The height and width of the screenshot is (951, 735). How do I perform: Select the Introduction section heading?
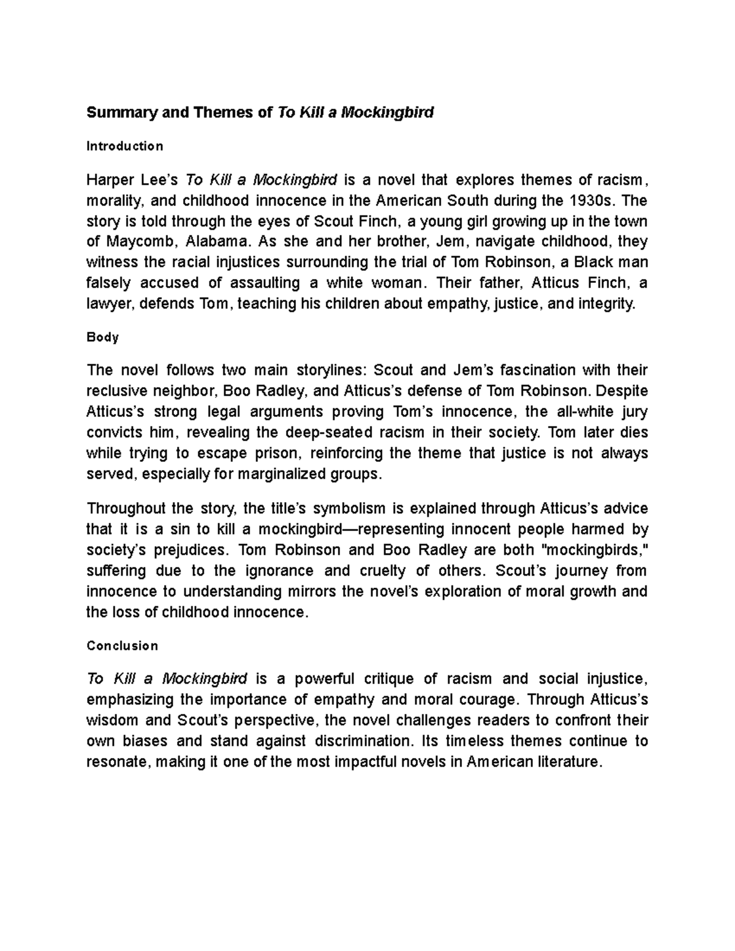(x=125, y=146)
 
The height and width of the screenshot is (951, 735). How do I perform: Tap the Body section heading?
(x=103, y=337)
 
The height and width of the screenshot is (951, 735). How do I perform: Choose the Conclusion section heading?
(x=123, y=646)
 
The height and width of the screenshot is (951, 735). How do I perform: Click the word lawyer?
(x=108, y=304)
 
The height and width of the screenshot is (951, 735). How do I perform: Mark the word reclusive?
(x=118, y=391)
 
